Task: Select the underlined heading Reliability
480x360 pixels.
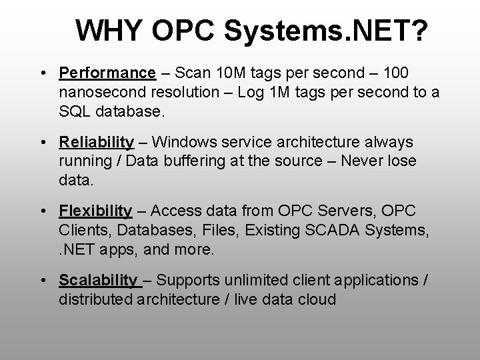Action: coord(96,142)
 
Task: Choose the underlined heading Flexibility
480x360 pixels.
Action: coord(95,211)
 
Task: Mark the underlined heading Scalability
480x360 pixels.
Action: coord(98,281)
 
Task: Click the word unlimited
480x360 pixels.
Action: coord(255,281)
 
